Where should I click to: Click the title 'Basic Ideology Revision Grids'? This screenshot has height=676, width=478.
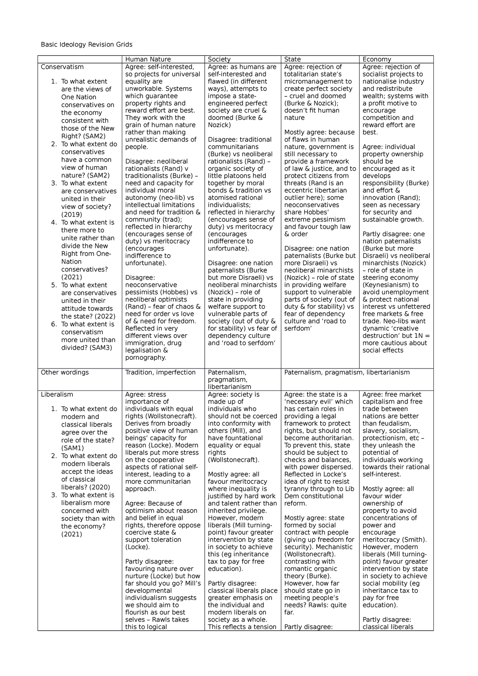(x=86, y=45)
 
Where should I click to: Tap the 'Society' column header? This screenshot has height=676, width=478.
(x=219, y=59)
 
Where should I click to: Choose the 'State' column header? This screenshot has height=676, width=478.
(x=292, y=59)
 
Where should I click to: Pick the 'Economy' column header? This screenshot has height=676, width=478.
(x=376, y=59)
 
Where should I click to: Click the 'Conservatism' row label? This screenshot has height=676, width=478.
(x=62, y=67)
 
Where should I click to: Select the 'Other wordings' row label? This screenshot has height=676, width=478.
(x=65, y=372)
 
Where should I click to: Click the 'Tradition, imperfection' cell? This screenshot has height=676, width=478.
(x=160, y=372)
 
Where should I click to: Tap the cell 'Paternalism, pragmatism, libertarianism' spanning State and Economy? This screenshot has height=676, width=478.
(x=347, y=372)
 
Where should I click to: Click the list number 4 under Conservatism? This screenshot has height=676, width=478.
(x=54, y=223)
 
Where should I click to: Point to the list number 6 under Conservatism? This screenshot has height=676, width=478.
(x=54, y=324)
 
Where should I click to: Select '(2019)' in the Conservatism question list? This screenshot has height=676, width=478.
(x=72, y=215)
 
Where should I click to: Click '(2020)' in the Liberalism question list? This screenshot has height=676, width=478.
(x=100, y=487)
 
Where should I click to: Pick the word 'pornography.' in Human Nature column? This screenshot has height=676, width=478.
(x=145, y=358)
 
